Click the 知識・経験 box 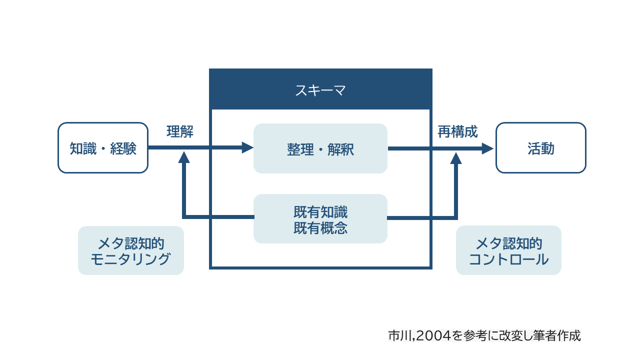(103, 148)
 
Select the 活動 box (540, 148)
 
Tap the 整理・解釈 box (320, 148)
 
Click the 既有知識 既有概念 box (320, 219)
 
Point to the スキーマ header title (320, 90)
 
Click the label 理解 (180, 132)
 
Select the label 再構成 (457, 132)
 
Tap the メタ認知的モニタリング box (131, 250)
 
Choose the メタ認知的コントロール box (508, 250)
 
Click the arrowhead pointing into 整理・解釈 (247, 147)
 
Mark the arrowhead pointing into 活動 (487, 148)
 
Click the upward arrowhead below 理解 (184, 157)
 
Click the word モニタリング (131, 259)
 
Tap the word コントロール (508, 259)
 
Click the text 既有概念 (320, 228)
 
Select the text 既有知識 (320, 211)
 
